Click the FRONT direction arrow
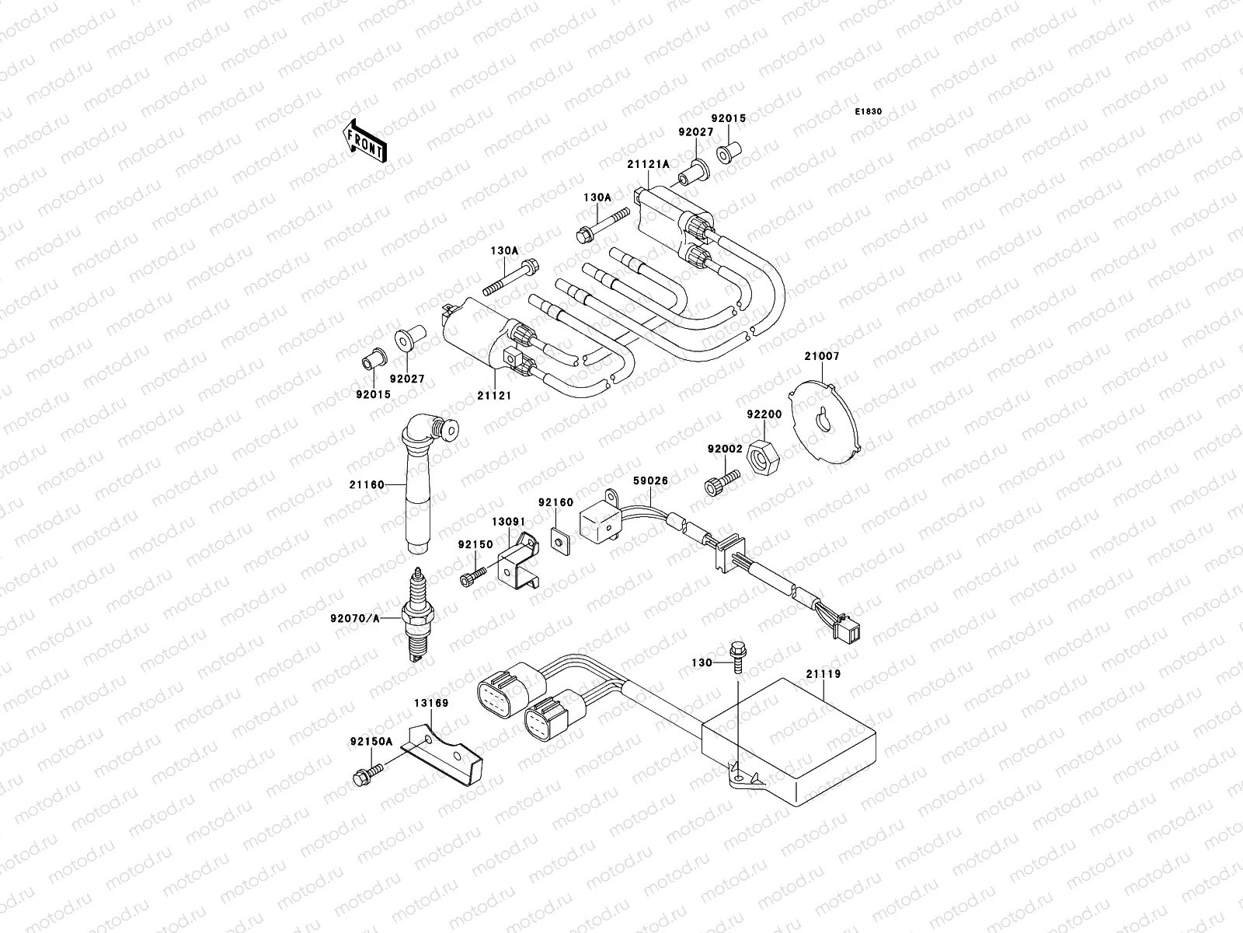click(364, 140)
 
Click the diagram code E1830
click(869, 112)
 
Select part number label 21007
click(822, 356)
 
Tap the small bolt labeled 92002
click(716, 483)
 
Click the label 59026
click(649, 481)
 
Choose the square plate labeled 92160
click(558, 539)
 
